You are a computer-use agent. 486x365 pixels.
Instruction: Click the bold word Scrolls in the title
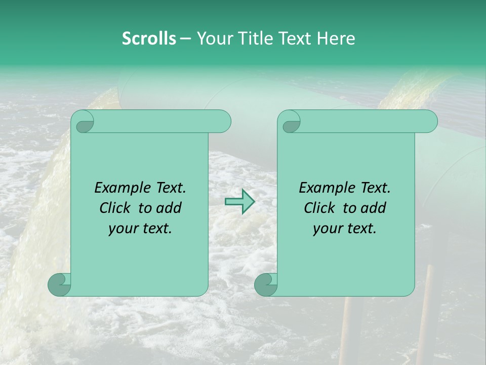pyautogui.click(x=149, y=39)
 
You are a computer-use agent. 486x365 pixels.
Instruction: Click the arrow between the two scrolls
pyautogui.click(x=239, y=202)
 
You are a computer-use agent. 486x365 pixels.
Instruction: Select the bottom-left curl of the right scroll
pyautogui.click(x=266, y=284)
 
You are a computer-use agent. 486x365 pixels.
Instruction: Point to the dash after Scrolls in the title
pyautogui.click(x=186, y=39)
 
